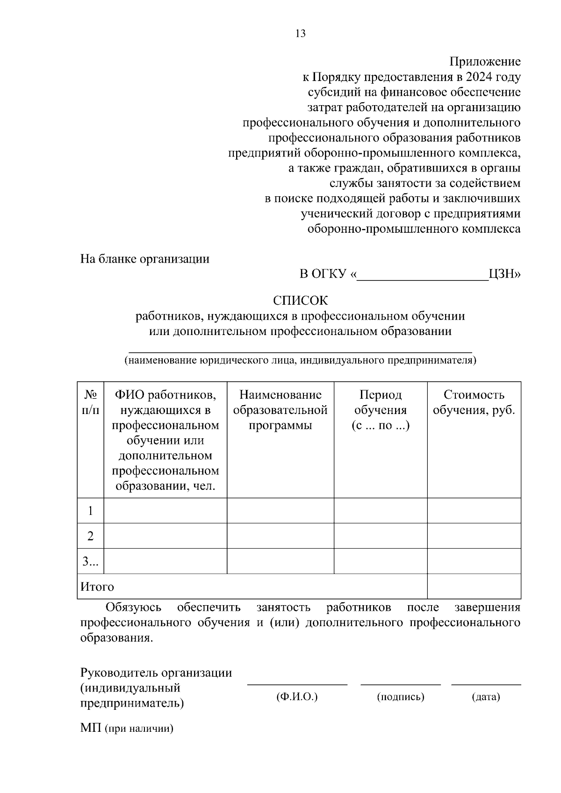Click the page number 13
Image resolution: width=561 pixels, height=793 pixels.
(300, 33)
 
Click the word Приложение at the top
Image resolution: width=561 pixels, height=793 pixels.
(485, 62)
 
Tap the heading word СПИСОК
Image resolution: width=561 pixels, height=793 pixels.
(300, 300)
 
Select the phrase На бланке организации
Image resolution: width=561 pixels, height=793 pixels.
(145, 259)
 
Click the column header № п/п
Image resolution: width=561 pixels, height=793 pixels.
(90, 402)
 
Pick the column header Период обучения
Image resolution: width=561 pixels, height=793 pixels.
(380, 410)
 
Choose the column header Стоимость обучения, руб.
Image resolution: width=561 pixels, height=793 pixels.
(474, 402)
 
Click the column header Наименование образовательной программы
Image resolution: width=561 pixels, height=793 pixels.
(280, 410)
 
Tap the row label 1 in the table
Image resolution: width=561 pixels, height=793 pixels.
(90, 510)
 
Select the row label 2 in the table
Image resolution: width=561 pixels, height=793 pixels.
(90, 536)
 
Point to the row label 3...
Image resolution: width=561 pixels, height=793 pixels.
(90, 561)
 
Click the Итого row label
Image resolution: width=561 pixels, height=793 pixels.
(97, 586)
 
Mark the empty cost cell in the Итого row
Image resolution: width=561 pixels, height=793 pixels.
(474, 586)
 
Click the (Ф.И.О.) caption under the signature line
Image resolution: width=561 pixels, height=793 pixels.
(297, 697)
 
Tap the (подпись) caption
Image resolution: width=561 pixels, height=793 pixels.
(401, 697)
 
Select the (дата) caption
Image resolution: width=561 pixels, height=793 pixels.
(486, 697)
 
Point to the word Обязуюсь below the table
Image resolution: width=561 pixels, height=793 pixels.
(134, 607)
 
